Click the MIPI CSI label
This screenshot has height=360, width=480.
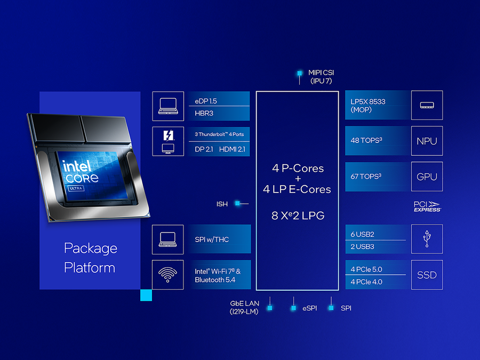point(321,73)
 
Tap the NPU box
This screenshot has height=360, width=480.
point(427,141)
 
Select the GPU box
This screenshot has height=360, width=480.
point(427,177)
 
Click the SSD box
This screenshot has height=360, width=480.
point(427,275)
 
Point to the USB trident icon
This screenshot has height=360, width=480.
point(427,239)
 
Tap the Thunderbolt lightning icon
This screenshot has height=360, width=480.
point(168,135)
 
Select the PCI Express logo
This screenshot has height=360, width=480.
point(427,206)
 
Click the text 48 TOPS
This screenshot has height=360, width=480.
point(366,141)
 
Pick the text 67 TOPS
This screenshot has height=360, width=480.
point(366,177)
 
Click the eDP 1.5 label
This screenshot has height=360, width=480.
point(206,100)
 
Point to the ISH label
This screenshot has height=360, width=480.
point(222,204)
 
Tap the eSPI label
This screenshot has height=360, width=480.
point(309,308)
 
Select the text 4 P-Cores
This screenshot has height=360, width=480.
point(298,168)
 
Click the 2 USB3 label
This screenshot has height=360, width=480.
point(363,246)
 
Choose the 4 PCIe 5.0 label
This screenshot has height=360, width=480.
point(366,269)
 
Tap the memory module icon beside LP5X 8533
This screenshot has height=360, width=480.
point(427,106)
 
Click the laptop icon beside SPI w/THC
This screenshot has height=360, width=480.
point(168,239)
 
